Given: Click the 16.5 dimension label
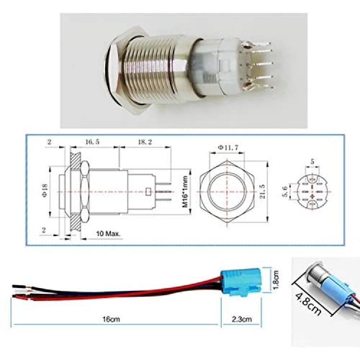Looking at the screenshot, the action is (93, 142).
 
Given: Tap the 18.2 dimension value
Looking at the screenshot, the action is (145, 142).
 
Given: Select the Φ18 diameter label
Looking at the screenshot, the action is (45, 190).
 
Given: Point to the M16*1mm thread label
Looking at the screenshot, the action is (185, 192).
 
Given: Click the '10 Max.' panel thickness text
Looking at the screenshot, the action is (108, 234).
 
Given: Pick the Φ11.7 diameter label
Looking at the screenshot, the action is (228, 148).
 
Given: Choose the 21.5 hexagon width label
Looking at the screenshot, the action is (263, 192).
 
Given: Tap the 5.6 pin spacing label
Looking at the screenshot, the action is (285, 192).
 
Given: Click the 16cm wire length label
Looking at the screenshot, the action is (111, 319).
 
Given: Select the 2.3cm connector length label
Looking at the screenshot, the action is (242, 319).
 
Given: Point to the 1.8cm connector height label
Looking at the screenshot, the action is (276, 280).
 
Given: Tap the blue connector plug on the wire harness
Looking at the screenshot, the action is (240, 282).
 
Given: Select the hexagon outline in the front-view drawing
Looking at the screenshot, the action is (227, 192).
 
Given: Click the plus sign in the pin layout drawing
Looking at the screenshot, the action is (312, 196).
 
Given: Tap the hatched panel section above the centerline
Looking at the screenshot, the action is (75, 161).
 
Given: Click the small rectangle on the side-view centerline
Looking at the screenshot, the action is (148, 192).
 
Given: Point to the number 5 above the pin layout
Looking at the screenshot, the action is (312, 162).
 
